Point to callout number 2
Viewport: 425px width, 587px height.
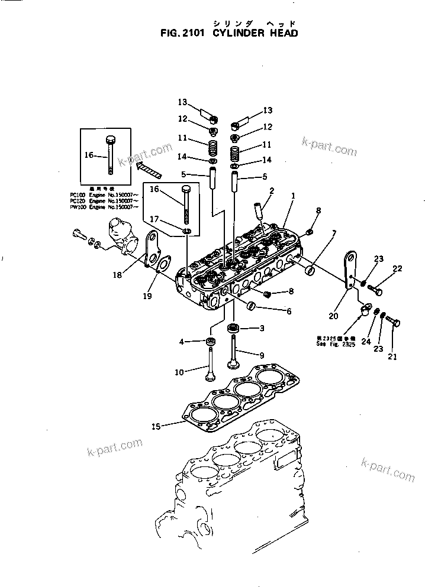272,190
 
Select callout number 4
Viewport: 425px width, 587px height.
183,341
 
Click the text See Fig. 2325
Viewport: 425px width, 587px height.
335,343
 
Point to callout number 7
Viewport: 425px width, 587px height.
334,233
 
